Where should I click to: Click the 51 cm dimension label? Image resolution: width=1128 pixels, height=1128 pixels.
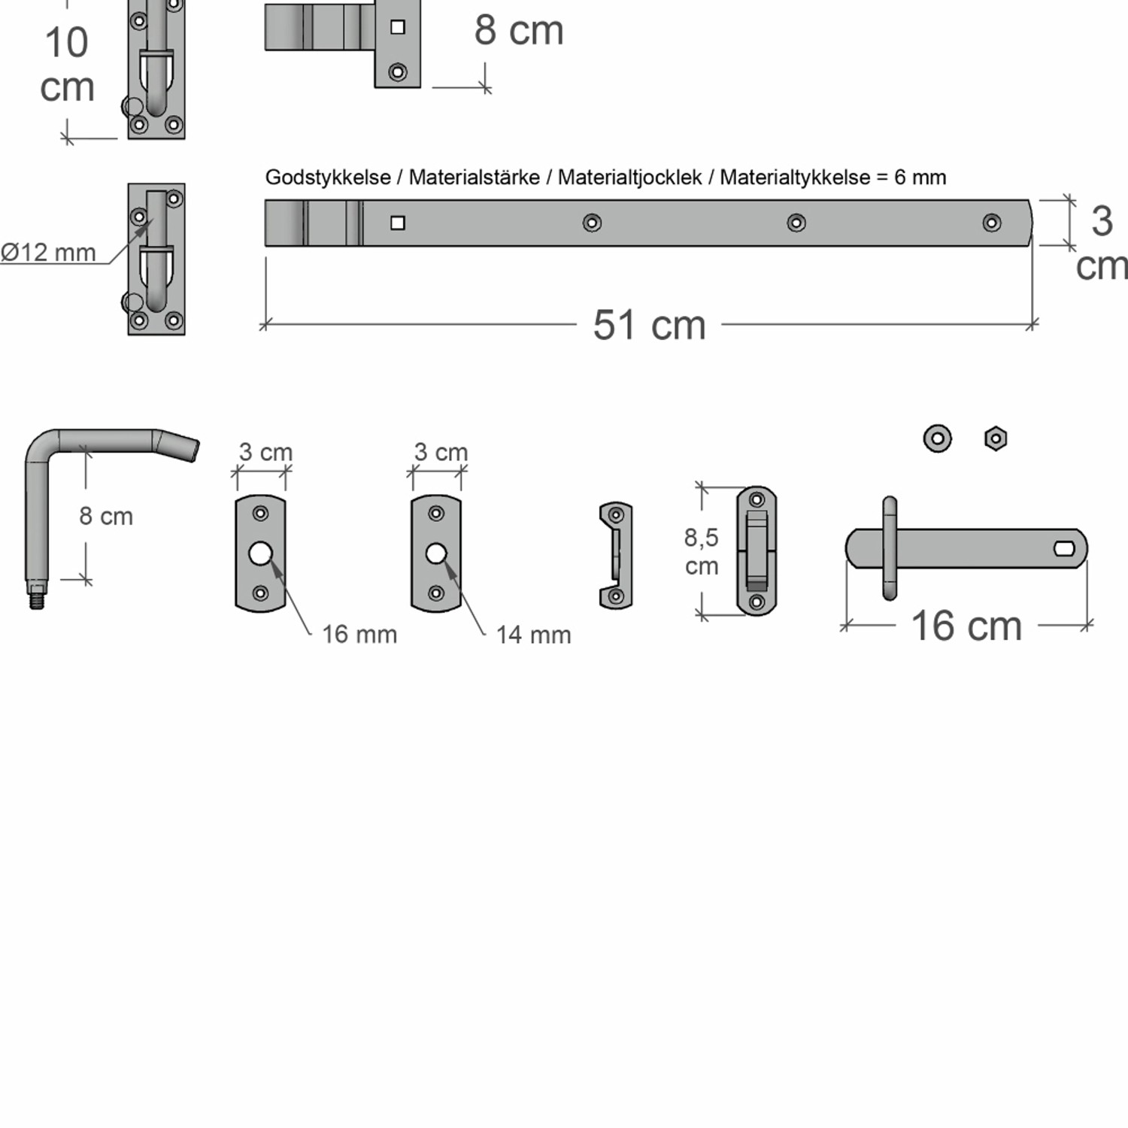(x=649, y=326)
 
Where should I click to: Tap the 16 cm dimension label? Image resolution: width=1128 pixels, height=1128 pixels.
(x=966, y=626)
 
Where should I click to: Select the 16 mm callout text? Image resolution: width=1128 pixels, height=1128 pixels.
(x=359, y=635)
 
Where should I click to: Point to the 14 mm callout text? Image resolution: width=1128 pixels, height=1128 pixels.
(x=533, y=635)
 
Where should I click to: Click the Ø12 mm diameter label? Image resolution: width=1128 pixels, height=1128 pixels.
(x=48, y=253)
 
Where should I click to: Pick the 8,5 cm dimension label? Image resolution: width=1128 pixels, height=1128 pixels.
(x=701, y=551)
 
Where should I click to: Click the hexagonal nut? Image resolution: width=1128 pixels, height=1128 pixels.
(x=996, y=438)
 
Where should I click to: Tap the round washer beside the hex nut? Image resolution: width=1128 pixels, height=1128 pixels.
(x=937, y=438)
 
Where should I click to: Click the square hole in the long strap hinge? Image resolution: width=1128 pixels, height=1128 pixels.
(x=398, y=223)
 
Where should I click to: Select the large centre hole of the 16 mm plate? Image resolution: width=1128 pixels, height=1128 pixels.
(x=260, y=554)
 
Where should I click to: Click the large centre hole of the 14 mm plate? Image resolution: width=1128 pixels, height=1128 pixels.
(x=435, y=554)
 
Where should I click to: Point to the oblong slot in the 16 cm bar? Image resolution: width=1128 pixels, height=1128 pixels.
(x=1065, y=548)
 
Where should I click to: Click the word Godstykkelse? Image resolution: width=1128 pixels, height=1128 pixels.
(x=328, y=177)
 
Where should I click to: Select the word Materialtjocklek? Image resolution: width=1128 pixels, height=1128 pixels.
(x=629, y=177)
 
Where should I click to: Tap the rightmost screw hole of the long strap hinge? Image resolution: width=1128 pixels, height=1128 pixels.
(x=992, y=223)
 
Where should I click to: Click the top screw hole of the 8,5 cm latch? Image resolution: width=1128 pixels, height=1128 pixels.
(x=757, y=499)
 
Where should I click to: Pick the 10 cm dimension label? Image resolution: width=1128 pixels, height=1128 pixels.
(x=67, y=65)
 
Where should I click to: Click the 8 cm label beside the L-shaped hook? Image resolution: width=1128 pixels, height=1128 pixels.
(x=106, y=517)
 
